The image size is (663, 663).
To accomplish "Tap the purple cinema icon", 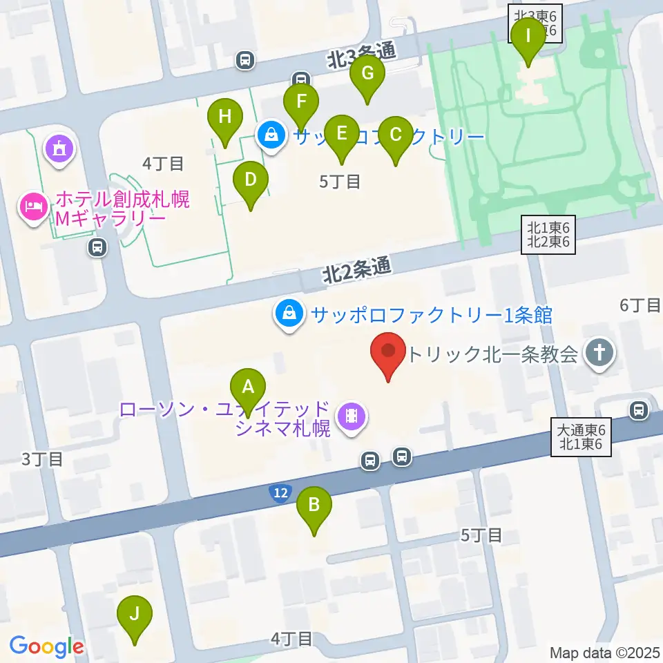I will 352,416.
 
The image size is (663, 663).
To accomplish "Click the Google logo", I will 46,647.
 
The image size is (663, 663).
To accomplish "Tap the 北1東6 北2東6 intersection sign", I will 548,234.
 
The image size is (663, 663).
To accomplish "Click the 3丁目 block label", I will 42,459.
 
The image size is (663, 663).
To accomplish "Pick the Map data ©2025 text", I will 604,653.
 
